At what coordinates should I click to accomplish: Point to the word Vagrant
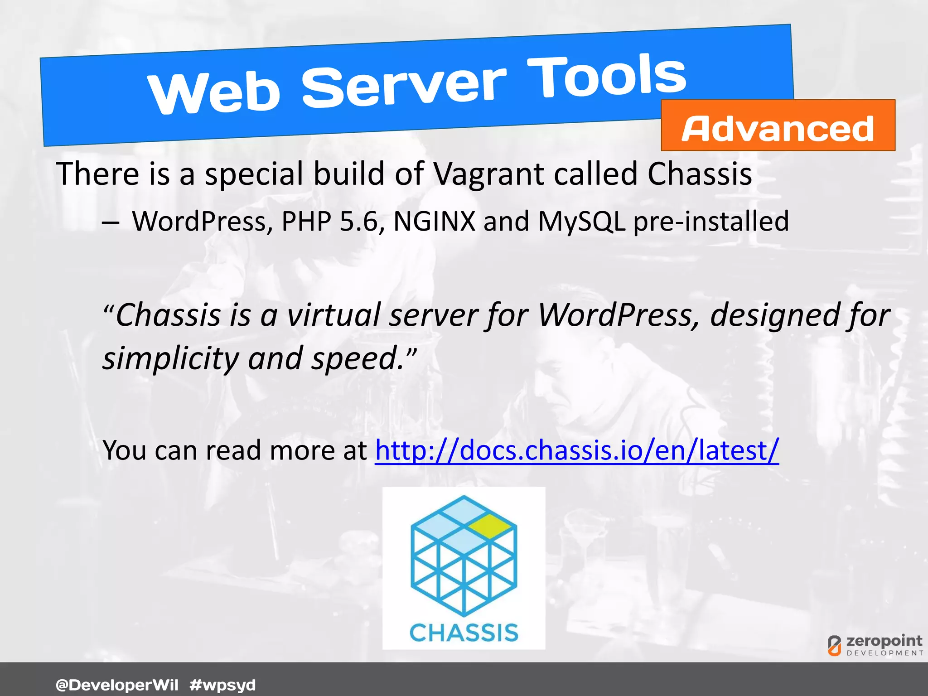(489, 174)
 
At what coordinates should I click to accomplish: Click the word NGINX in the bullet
(434, 222)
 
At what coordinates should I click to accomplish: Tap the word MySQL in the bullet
(581, 222)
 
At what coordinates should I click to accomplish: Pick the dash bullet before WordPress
(111, 223)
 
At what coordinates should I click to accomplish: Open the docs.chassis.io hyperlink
(577, 450)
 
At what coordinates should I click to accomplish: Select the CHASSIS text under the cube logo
(464, 633)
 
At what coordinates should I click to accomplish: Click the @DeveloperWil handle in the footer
(117, 685)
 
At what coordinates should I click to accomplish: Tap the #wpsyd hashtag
(222, 685)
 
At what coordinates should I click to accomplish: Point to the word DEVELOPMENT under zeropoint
(884, 653)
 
